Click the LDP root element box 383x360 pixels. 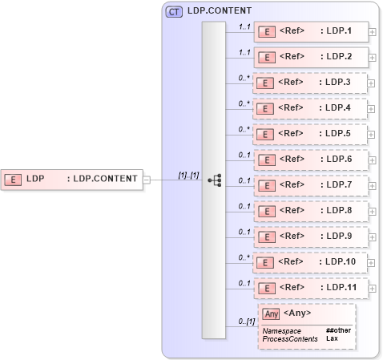[x=72, y=179]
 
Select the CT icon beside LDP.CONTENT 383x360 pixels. [x=173, y=12]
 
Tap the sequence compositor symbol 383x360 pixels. [x=214, y=180]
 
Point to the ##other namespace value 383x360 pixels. [x=338, y=330]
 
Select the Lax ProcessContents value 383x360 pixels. [x=331, y=339]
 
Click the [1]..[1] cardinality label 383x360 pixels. [x=188, y=174]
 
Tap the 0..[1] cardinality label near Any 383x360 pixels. [x=246, y=322]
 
